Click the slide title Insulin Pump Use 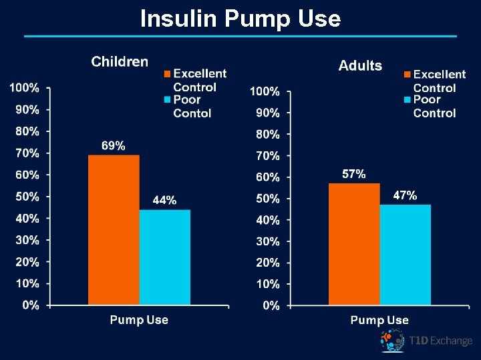coord(240,19)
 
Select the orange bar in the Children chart coord(114,230)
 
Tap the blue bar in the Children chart coord(165,257)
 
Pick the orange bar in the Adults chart coord(354,244)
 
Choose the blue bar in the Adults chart coord(406,255)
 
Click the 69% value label coord(114,145)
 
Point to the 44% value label coord(165,200)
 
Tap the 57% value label coord(354,174)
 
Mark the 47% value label coord(405,195)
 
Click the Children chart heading coord(120,62)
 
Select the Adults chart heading coord(360,65)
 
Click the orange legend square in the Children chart coord(168,73)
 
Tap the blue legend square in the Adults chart coord(408,100)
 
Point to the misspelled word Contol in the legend coord(192,113)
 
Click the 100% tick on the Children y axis coord(24,88)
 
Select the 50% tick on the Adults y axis coord(267,199)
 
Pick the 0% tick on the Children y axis coord(31,305)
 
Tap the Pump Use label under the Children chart coord(139,320)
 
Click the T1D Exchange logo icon coord(393,341)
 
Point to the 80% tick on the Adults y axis coord(267,134)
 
